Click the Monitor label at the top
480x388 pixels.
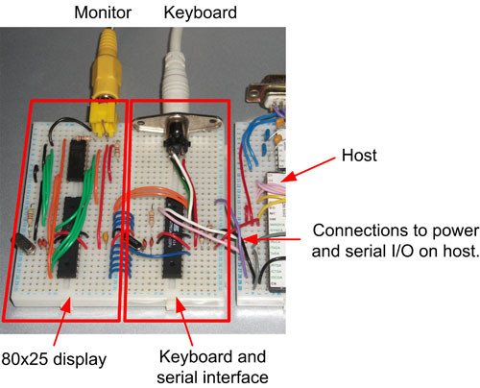point(103,12)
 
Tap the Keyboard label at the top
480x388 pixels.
point(201,13)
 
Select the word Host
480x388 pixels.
point(359,156)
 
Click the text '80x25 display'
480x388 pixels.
point(54,359)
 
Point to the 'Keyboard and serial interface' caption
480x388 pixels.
point(212,367)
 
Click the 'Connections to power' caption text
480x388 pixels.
point(396,230)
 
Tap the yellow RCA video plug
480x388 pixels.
point(106,84)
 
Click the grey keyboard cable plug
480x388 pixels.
point(175,70)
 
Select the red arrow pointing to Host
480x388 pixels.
point(308,170)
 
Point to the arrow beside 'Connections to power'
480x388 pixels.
point(272,239)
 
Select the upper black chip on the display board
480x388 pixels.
point(77,160)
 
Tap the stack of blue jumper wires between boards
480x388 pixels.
point(122,243)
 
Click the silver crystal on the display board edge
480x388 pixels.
point(23,243)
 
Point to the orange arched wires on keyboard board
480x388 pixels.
point(151,194)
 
